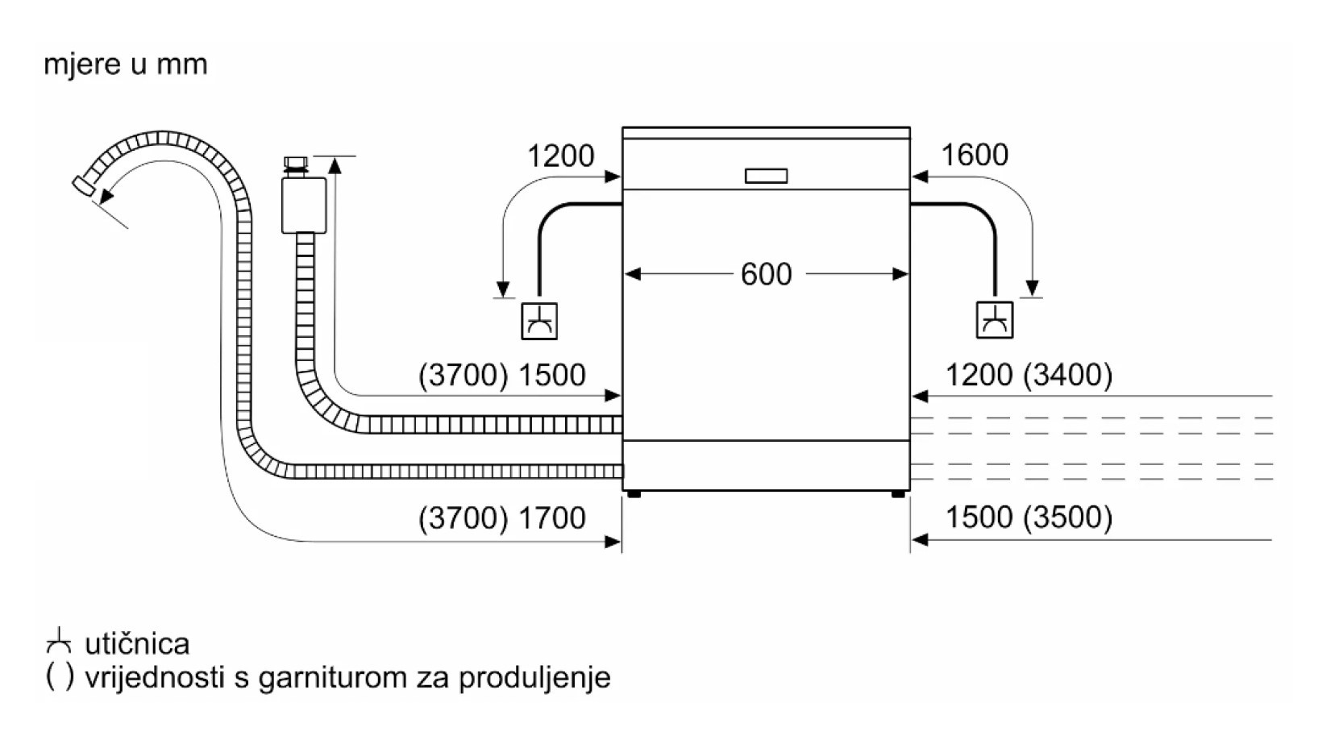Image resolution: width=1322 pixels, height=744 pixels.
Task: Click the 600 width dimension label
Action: (x=766, y=275)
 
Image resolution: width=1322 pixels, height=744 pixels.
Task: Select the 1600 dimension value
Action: (x=975, y=155)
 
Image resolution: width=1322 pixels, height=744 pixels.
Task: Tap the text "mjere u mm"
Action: (x=126, y=64)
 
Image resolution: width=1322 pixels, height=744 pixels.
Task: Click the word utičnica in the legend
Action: (x=137, y=644)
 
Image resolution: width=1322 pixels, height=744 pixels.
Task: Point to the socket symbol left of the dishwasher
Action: (x=538, y=320)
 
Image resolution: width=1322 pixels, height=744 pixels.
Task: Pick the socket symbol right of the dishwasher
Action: (x=995, y=319)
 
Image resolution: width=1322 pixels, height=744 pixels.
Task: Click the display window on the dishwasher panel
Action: (x=766, y=176)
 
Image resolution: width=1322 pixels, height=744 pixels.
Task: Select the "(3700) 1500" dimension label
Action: (x=501, y=375)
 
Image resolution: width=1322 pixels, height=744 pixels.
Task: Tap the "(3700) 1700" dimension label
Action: (x=501, y=517)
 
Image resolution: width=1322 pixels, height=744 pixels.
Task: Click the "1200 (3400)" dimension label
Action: (x=1029, y=375)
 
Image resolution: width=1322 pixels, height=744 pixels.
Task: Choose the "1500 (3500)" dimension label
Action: (x=1029, y=517)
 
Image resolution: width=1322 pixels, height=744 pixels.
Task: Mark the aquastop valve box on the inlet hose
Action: (x=304, y=206)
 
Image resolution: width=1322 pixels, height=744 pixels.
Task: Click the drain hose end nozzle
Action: (x=84, y=185)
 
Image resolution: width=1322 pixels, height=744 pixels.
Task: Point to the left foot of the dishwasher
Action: (x=634, y=493)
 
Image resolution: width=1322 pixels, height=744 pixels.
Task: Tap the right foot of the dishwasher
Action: (x=898, y=493)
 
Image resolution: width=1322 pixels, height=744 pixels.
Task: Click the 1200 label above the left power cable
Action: (x=560, y=156)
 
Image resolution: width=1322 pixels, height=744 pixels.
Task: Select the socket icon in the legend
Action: (x=59, y=641)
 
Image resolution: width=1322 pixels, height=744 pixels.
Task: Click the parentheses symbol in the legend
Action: (x=60, y=677)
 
